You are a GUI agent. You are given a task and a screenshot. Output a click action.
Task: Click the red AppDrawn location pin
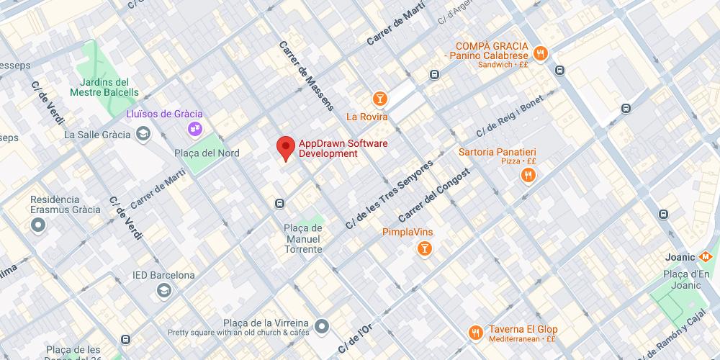click(x=286, y=148)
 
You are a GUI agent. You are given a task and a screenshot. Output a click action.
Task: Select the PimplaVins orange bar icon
click(x=425, y=249)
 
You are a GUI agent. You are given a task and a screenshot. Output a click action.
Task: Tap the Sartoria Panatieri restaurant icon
click(x=528, y=175)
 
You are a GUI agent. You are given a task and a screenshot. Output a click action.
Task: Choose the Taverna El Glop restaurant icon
click(x=475, y=333)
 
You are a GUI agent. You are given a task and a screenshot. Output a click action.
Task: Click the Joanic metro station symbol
click(x=706, y=257)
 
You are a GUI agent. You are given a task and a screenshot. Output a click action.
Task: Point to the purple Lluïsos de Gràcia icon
click(x=194, y=129)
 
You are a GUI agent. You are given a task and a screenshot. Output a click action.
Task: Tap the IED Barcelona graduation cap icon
click(x=164, y=290)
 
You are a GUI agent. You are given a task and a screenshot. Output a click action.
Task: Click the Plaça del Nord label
click(x=207, y=153)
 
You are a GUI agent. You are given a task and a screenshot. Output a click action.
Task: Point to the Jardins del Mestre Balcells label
click(x=104, y=87)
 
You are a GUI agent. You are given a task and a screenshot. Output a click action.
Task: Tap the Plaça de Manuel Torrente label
click(x=303, y=238)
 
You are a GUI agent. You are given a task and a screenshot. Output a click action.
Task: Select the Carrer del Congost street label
click(x=433, y=194)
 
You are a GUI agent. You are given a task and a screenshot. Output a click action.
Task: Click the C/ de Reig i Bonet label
click(x=510, y=116)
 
